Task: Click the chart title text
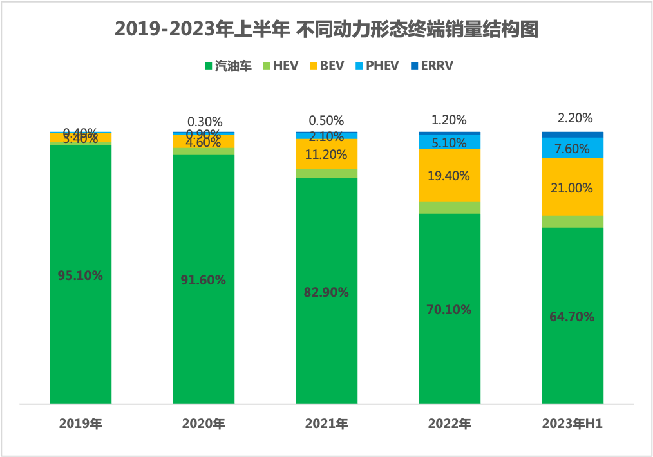tap(326, 30)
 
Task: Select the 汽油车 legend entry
tap(227, 66)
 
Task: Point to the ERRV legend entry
tap(433, 66)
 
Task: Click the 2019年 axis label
tap(80, 424)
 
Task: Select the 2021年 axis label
tap(326, 424)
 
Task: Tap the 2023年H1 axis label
tap(572, 424)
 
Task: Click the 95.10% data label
tap(80, 275)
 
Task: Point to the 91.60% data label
tap(203, 280)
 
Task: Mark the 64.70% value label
tap(573, 317)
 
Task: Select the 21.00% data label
tap(573, 189)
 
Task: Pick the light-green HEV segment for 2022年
tap(450, 207)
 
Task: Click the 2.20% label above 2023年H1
tap(573, 118)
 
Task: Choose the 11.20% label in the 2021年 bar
tap(326, 154)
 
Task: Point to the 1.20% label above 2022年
tap(450, 120)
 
